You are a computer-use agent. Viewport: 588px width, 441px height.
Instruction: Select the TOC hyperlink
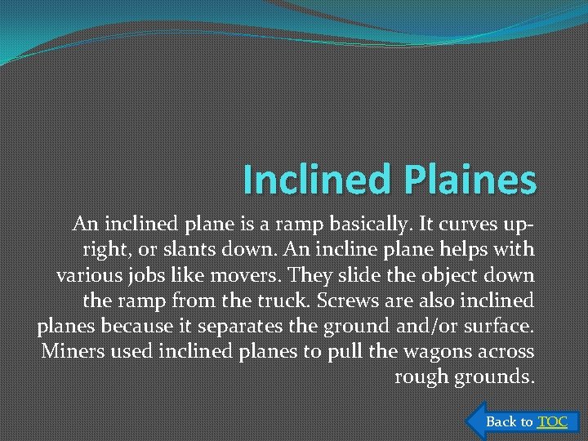[552, 421]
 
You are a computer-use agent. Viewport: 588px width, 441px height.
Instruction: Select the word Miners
[69, 352]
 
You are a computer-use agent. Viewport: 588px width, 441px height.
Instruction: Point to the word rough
[417, 377]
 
